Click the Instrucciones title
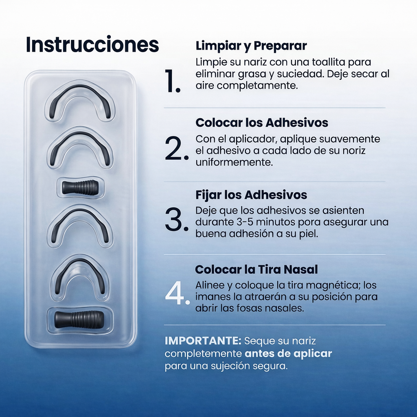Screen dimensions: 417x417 click(92, 44)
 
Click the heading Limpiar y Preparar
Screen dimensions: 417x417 click(251, 46)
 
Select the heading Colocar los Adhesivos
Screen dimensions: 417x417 click(262, 123)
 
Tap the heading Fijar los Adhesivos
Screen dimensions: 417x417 click(251, 195)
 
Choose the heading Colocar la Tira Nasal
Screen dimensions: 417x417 click(257, 270)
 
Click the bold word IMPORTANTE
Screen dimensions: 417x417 click(203, 341)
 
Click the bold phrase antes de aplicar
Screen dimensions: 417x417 click(288, 353)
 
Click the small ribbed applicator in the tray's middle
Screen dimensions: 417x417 click(80, 187)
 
